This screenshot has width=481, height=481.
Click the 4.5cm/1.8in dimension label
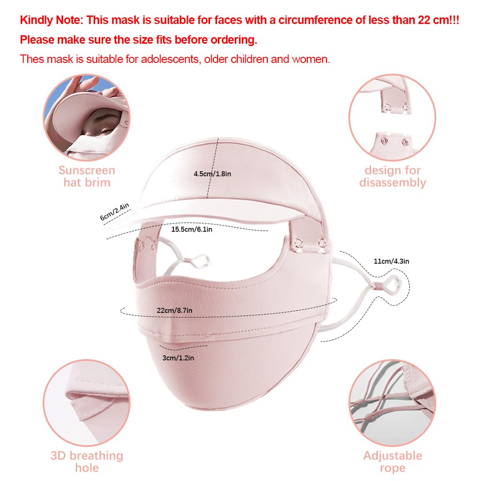click(x=212, y=174)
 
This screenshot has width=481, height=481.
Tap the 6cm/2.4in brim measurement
click(x=115, y=212)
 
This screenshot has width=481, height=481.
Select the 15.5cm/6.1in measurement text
click(x=192, y=229)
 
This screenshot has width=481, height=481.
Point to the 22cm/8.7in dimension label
click(x=175, y=310)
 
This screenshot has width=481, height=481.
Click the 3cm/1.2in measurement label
click(x=178, y=357)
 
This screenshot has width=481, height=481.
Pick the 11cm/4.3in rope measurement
click(x=391, y=261)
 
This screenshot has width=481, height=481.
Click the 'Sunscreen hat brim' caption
click(x=87, y=177)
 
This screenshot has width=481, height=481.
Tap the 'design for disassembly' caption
click(x=393, y=177)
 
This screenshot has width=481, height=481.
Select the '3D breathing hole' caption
click(x=87, y=462)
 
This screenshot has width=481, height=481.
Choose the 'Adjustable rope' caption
click(x=393, y=462)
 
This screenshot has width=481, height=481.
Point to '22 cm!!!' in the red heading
click(x=438, y=20)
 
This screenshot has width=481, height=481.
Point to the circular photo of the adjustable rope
click(x=392, y=403)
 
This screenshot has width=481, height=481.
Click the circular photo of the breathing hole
click(x=86, y=403)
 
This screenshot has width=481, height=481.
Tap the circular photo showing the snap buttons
click(x=392, y=117)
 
